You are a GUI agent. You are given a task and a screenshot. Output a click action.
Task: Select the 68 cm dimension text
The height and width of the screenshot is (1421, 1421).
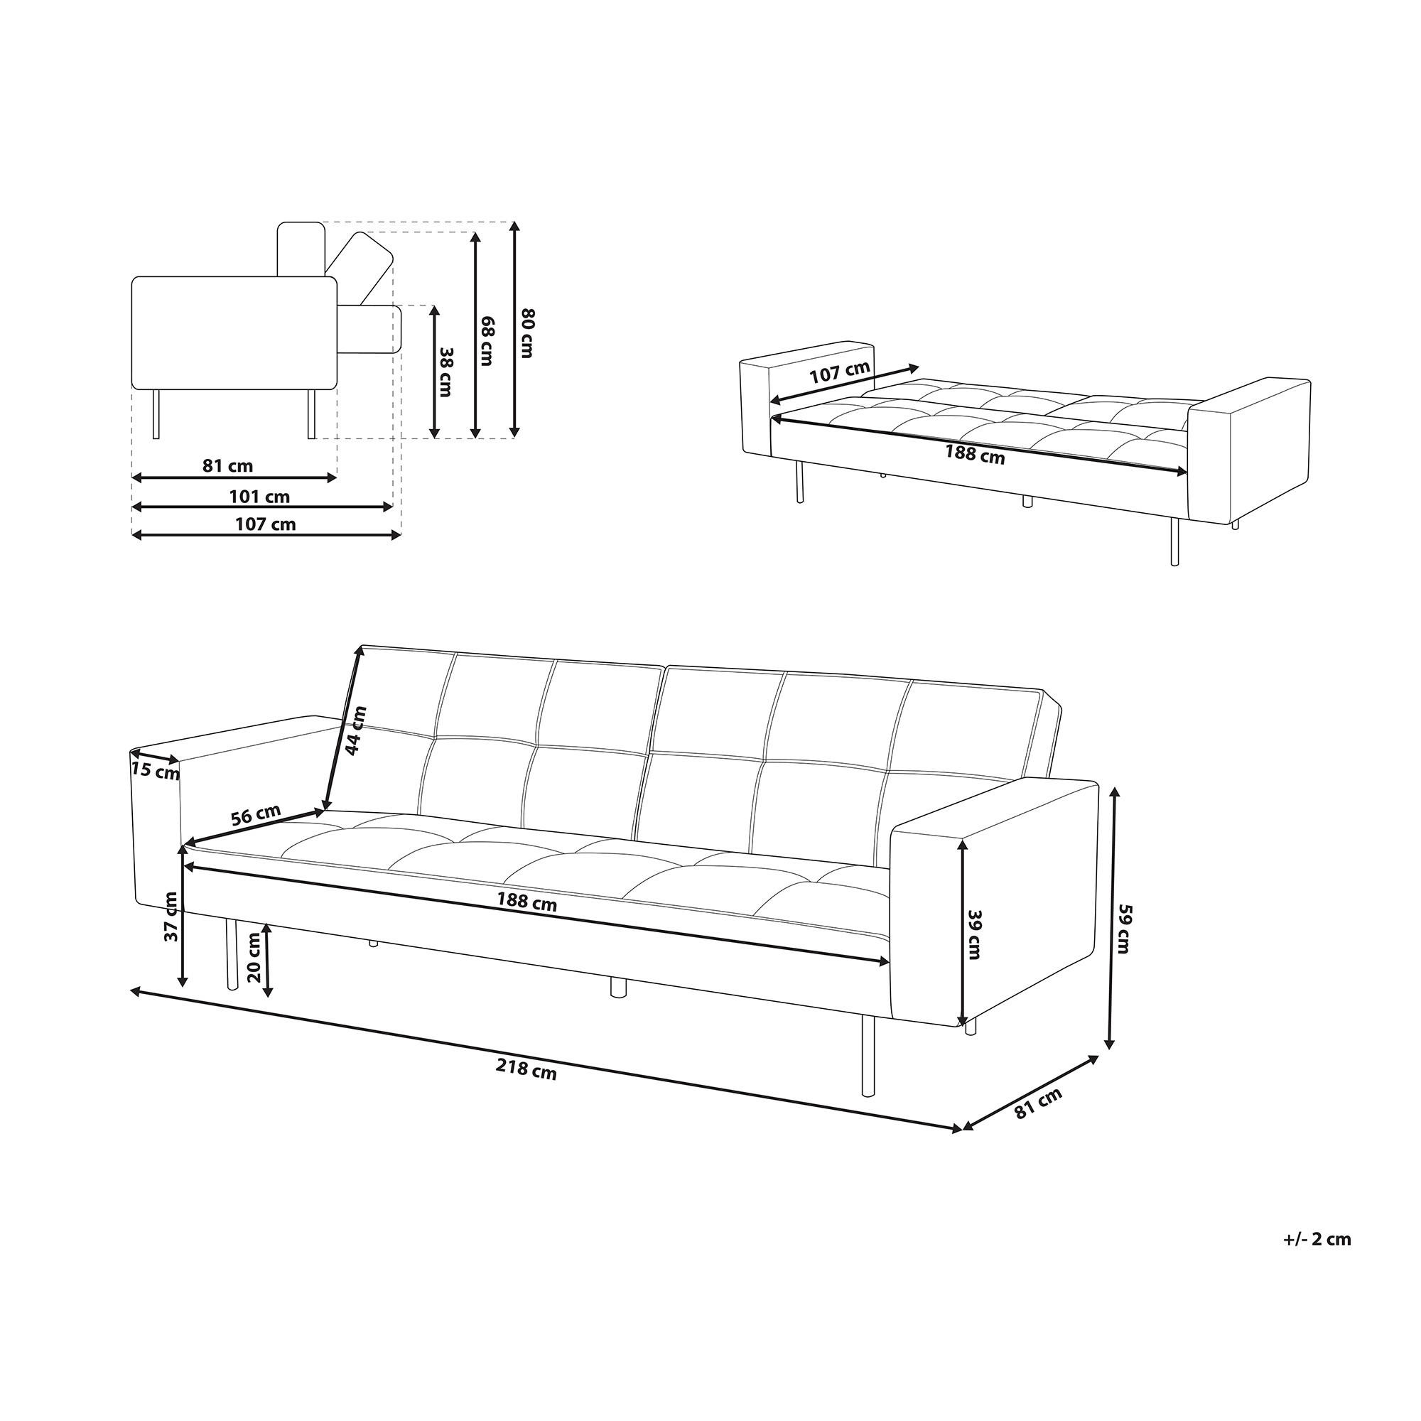(485, 341)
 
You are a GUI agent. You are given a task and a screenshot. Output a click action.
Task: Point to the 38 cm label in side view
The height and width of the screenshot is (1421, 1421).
(444, 372)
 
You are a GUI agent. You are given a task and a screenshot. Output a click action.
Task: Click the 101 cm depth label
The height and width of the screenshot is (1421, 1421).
(259, 497)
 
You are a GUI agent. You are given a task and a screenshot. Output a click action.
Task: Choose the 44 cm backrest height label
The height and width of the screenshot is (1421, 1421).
(356, 731)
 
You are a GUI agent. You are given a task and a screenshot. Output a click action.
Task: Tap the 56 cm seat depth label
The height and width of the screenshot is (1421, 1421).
(255, 815)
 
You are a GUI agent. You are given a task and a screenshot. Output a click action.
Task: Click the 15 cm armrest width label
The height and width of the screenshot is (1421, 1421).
(155, 772)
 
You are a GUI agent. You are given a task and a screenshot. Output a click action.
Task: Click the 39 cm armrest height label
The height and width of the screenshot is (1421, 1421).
(975, 934)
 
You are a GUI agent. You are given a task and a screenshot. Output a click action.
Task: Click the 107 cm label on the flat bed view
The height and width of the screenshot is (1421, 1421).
(839, 372)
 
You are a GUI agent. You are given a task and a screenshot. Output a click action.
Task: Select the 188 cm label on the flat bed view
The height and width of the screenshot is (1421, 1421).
(975, 455)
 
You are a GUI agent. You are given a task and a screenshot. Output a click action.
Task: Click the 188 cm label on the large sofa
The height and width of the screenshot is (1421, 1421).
(526, 901)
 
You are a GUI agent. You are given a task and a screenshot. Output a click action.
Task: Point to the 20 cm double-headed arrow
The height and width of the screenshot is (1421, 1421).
(269, 961)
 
